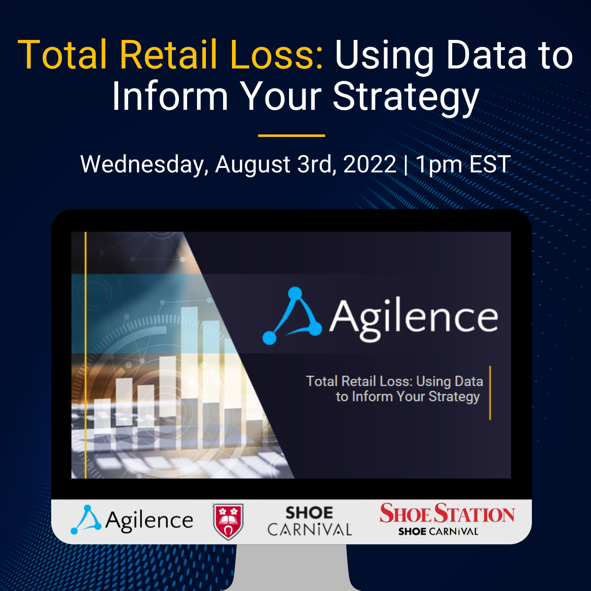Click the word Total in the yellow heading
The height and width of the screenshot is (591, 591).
pyautogui.click(x=62, y=54)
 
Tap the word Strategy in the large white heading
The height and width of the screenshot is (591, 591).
pyautogui.click(x=406, y=97)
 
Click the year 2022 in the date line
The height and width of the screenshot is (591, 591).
pyautogui.click(x=370, y=164)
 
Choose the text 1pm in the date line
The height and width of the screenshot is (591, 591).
pyautogui.click(x=438, y=164)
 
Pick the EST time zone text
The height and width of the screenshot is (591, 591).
pyautogui.click(x=490, y=164)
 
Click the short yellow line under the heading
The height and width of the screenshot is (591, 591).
pyautogui.click(x=292, y=135)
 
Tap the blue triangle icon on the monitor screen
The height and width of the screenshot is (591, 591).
pyautogui.click(x=293, y=316)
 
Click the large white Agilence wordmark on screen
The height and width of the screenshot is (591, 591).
pyautogui.click(x=414, y=318)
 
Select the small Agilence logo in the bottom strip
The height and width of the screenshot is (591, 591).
pyautogui.click(x=132, y=520)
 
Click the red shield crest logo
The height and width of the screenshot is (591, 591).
pyautogui.click(x=228, y=522)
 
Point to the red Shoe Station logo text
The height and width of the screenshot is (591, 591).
pyautogui.click(x=447, y=514)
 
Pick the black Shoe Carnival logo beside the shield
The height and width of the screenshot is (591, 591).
pyautogui.click(x=309, y=521)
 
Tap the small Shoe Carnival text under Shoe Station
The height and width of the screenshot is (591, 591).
pyautogui.click(x=438, y=532)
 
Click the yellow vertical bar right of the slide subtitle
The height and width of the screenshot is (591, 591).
pyautogui.click(x=490, y=393)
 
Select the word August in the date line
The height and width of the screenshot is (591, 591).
pyautogui.click(x=252, y=164)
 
